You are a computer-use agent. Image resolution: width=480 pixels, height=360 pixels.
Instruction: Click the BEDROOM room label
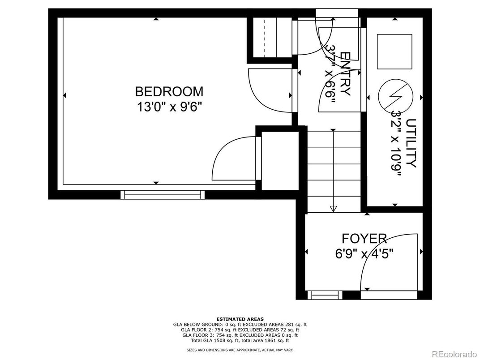click(x=169, y=91)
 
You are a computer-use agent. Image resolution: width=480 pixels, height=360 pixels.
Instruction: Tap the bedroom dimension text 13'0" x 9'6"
click(x=170, y=107)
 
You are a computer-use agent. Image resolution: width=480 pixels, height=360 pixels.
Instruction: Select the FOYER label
click(x=364, y=239)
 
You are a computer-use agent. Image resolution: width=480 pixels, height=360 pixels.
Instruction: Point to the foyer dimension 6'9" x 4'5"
click(x=364, y=254)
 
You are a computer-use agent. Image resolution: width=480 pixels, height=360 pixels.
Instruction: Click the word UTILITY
click(x=411, y=143)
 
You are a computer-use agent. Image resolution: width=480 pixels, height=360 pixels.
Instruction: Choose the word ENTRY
click(x=346, y=74)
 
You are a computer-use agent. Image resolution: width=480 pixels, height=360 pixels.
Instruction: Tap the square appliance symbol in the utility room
click(x=394, y=51)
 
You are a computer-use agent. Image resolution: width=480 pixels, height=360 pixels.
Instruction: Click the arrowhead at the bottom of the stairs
click(x=334, y=209)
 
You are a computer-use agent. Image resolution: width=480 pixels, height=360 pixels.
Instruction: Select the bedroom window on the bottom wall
click(x=163, y=195)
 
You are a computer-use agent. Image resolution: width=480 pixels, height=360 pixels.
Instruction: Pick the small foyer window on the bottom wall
click(x=325, y=295)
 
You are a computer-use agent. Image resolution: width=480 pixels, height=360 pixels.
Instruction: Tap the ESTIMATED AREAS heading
click(x=240, y=319)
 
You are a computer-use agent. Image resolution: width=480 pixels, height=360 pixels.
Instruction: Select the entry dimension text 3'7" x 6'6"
click(x=330, y=74)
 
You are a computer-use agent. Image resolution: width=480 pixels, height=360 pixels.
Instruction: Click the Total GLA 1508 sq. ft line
click(x=240, y=340)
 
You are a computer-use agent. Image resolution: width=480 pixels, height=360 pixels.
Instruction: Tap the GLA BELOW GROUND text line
click(x=240, y=325)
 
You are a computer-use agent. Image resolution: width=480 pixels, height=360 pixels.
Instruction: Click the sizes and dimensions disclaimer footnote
click(x=240, y=350)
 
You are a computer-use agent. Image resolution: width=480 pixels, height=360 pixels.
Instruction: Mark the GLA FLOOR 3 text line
click(x=240, y=335)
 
